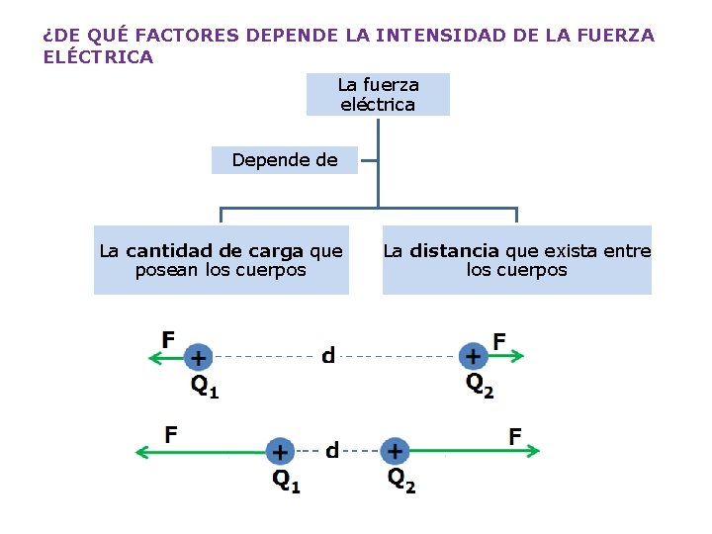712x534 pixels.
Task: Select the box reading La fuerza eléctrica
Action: (x=378, y=94)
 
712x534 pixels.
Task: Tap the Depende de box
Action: (x=284, y=159)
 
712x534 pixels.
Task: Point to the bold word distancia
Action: (x=454, y=251)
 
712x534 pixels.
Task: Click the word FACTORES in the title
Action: (x=187, y=36)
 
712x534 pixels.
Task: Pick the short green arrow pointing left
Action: (x=164, y=357)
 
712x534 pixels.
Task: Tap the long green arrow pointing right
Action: (x=475, y=451)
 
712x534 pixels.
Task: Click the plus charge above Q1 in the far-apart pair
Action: (x=199, y=357)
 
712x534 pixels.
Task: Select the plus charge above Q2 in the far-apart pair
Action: (x=474, y=356)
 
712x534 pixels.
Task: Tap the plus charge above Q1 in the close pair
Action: (x=281, y=452)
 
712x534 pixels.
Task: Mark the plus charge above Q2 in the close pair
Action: (x=395, y=451)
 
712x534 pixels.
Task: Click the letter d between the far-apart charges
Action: (x=328, y=355)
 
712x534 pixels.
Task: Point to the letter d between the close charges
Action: (x=332, y=451)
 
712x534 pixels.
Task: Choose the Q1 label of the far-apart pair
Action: (x=204, y=386)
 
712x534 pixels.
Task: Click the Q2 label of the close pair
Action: (x=401, y=481)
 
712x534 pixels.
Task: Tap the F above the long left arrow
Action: (x=171, y=433)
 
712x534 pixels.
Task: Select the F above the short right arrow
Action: (x=499, y=340)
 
